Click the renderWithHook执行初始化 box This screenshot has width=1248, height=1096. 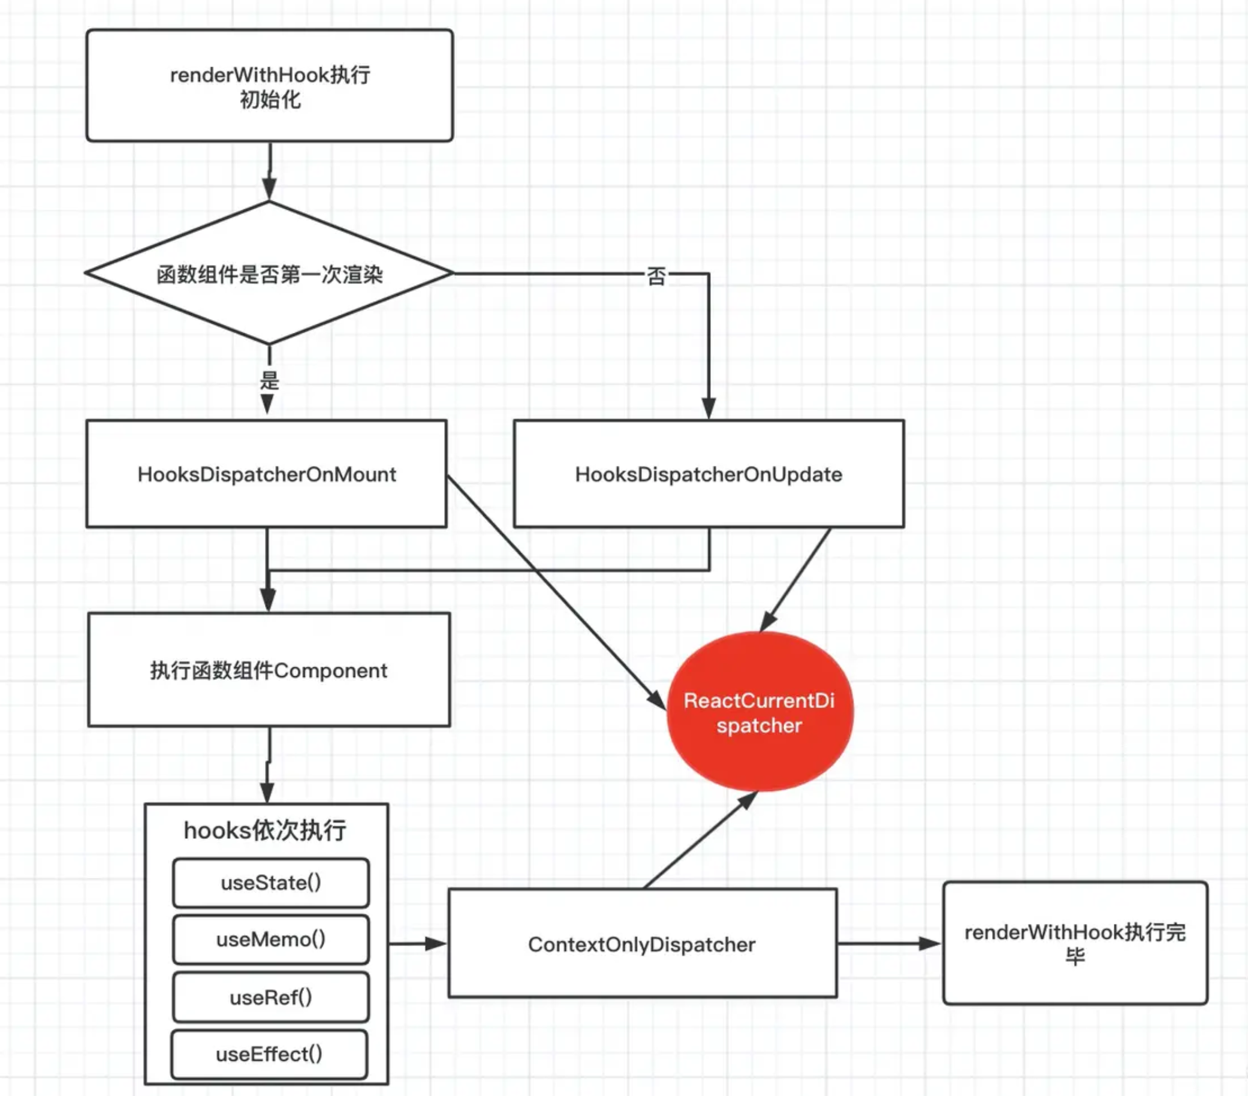point(269,86)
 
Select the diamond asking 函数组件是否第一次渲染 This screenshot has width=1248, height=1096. point(269,273)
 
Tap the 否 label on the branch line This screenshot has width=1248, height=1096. point(656,276)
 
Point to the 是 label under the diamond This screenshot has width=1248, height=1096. point(269,380)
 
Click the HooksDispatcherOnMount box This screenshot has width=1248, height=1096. point(267,473)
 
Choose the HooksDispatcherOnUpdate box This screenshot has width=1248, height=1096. point(709,473)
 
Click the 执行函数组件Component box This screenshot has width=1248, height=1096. point(269,670)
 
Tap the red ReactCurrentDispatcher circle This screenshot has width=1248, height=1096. point(759,712)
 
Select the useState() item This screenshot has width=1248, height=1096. point(271,883)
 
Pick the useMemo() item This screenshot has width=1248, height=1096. point(271,939)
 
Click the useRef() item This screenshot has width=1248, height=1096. point(271,997)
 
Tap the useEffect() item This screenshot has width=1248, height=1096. point(269,1055)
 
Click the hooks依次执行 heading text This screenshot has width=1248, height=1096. point(265,830)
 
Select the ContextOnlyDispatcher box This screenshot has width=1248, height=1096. point(643,944)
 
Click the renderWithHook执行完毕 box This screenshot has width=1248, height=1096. point(1075,943)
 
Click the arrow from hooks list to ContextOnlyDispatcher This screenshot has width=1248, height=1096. point(418,943)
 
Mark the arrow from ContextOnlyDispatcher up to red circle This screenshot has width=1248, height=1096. point(701,839)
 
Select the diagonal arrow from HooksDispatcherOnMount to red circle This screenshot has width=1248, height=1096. point(556,592)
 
